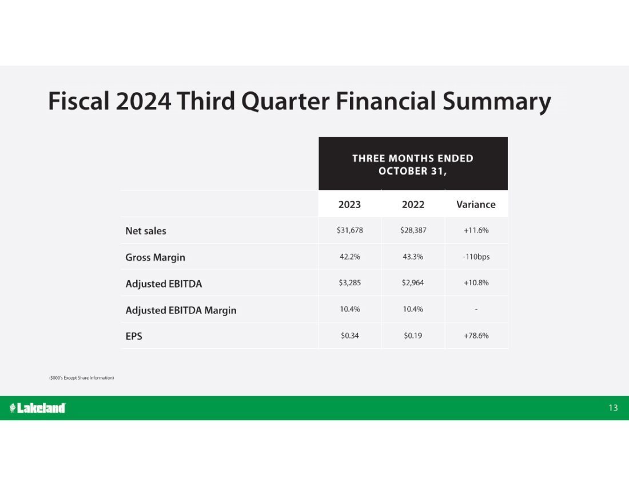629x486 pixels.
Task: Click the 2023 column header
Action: coord(349,205)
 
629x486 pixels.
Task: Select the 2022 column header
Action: coord(413,205)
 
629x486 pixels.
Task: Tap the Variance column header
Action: coord(476,205)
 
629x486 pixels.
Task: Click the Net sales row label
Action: coord(146,231)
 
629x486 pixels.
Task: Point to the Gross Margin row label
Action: coord(155,257)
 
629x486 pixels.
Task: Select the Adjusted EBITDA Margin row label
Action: coord(181,310)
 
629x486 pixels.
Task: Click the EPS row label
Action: coord(134,336)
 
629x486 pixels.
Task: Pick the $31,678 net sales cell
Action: coord(350,230)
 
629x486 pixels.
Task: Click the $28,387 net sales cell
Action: coord(413,230)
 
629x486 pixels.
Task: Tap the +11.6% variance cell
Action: coord(476,230)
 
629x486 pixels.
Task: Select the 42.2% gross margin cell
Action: coord(350,257)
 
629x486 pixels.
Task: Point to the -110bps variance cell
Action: coord(476,257)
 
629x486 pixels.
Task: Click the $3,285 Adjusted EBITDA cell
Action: coord(350,282)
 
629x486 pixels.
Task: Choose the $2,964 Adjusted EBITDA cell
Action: coord(413,282)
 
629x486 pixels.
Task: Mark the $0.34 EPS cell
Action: coord(350,336)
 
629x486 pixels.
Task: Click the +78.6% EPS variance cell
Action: coord(476,336)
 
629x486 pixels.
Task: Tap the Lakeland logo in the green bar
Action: coord(37,408)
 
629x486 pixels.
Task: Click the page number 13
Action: coord(613,408)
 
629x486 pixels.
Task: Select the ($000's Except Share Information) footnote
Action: coord(81,378)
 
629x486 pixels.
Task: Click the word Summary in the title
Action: coord(496,101)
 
